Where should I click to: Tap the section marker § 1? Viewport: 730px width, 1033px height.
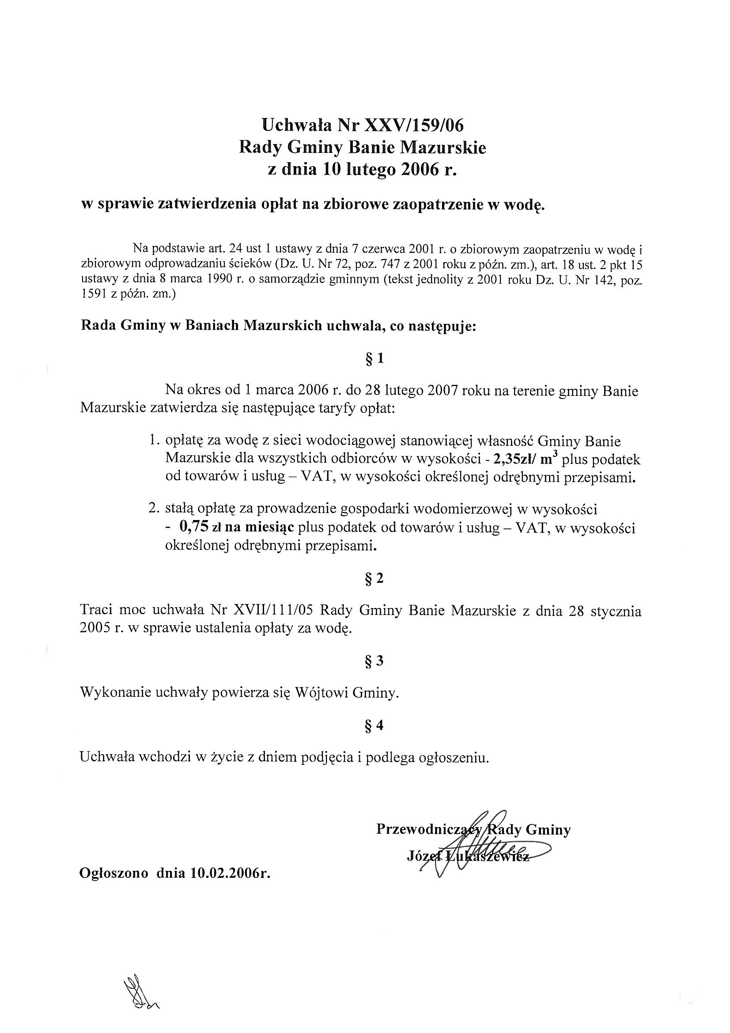pos(374,359)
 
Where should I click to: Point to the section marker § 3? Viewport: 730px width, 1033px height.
pos(374,661)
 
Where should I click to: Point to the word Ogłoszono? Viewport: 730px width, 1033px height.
pos(114,873)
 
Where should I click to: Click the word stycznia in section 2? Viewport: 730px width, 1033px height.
pos(616,611)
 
